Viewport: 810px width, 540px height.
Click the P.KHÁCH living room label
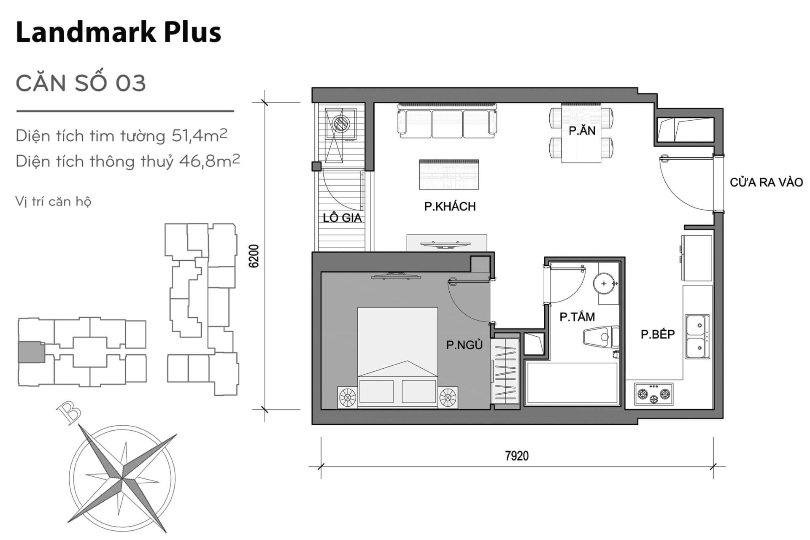pyautogui.click(x=450, y=207)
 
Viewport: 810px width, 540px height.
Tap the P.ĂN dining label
pyautogui.click(x=582, y=131)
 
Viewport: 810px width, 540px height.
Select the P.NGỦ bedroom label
pyautogui.click(x=464, y=346)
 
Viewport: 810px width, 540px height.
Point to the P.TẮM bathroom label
pyautogui.click(x=577, y=317)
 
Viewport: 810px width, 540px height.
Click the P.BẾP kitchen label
pyautogui.click(x=657, y=335)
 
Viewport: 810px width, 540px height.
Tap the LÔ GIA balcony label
pyautogui.click(x=342, y=218)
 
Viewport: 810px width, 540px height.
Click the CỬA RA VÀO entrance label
pyautogui.click(x=766, y=183)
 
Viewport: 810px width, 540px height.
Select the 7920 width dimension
pyautogui.click(x=516, y=456)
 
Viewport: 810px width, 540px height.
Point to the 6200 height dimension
pyautogui.click(x=254, y=256)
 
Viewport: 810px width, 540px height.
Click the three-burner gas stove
pyautogui.click(x=653, y=394)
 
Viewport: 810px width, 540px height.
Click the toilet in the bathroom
pyautogui.click(x=599, y=337)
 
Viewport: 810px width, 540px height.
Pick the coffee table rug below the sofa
pyautogui.click(x=449, y=175)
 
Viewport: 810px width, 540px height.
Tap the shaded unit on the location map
pyautogui.click(x=31, y=351)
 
